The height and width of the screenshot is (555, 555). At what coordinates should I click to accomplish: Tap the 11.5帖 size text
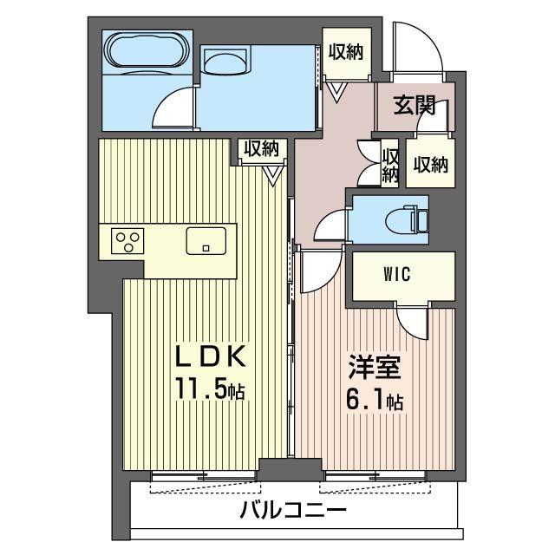[212, 390]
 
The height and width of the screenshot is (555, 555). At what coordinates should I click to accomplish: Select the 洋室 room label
[375, 369]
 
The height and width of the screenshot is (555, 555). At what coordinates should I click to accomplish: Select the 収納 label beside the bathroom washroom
[345, 50]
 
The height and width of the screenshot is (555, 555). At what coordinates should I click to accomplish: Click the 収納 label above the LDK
[261, 148]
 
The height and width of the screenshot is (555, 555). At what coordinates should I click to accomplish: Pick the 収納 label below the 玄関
[430, 164]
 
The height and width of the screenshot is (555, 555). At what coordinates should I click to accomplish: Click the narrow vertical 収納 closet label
[390, 165]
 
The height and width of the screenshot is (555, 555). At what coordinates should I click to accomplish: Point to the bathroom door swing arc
[170, 108]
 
